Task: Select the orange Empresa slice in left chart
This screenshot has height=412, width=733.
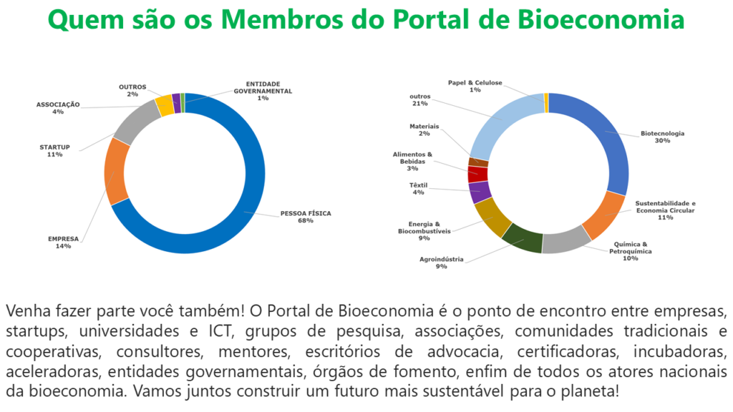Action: [x=116, y=172]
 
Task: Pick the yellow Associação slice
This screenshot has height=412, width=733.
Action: [x=164, y=104]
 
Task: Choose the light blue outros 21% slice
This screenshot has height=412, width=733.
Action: [x=501, y=122]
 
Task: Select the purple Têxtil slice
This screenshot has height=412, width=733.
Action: [x=480, y=191]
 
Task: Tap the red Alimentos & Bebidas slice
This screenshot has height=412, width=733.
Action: [x=477, y=174]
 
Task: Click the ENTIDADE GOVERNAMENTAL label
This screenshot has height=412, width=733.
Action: [x=263, y=91]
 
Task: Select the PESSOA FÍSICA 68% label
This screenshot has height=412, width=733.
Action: [x=306, y=217]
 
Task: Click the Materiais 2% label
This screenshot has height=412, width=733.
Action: [x=424, y=130]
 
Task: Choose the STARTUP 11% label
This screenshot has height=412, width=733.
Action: [x=54, y=150]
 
